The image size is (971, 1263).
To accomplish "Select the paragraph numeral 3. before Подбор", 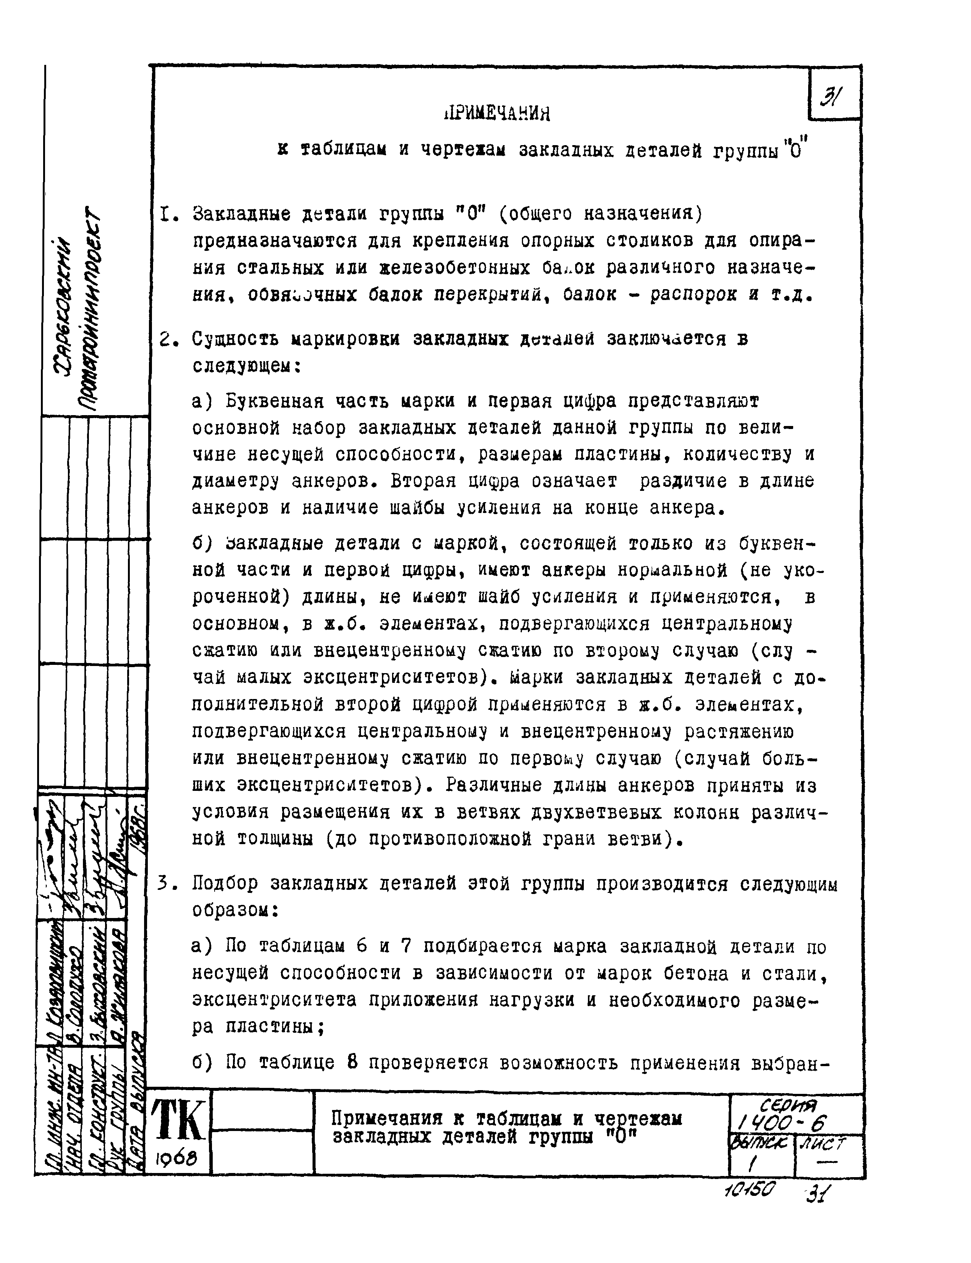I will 166,884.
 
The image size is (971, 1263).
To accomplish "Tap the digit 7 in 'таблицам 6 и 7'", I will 406,946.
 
